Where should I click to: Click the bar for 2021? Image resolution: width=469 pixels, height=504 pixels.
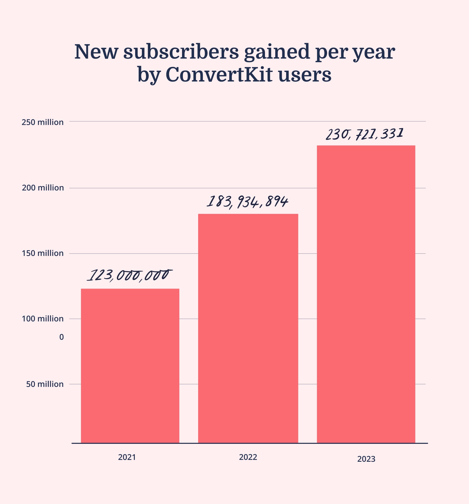130,365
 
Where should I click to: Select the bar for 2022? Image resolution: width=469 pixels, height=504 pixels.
248,328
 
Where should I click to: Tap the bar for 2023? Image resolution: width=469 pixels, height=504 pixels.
366,294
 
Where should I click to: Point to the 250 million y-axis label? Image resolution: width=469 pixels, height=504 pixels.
43,122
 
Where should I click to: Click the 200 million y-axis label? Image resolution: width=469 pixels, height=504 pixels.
43,188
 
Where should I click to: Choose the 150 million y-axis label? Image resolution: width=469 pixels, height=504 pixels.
43,253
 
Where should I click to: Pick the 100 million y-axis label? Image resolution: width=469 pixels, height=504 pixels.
43,318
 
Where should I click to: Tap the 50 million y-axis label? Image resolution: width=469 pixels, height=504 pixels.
45,384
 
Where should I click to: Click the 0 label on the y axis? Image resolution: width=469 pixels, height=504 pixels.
61,337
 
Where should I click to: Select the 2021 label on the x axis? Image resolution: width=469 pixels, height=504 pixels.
127,457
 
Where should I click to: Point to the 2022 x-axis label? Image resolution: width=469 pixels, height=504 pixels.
248,457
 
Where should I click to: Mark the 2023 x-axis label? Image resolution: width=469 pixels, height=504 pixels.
366,459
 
